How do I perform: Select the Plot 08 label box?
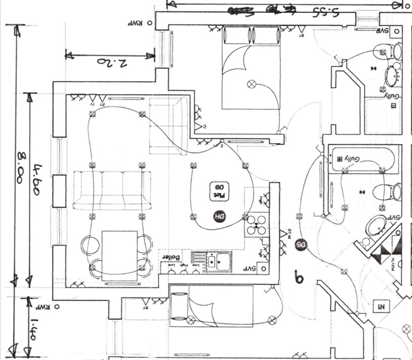point(218,190)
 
